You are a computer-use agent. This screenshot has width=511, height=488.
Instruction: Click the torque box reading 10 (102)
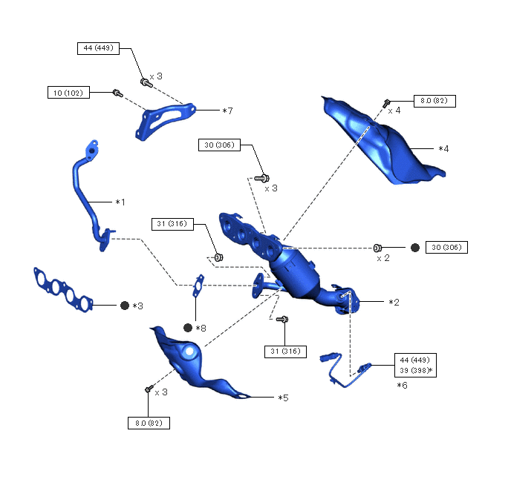[68, 93]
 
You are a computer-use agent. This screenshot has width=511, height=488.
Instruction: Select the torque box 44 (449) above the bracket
[99, 48]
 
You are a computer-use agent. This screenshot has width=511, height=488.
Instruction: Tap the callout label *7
[227, 111]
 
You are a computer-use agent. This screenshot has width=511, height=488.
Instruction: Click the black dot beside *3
[124, 306]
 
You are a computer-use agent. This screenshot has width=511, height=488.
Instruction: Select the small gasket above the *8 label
[198, 286]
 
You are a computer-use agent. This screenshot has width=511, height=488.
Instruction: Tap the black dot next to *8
[188, 328]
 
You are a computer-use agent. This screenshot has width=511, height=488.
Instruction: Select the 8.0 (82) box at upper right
[434, 100]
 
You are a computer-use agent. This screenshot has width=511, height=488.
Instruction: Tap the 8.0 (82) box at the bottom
[149, 423]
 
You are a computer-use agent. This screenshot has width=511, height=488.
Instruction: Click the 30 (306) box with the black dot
[446, 247]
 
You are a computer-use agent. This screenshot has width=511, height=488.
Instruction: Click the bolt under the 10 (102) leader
[117, 93]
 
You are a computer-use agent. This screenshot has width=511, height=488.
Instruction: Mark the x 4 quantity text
[394, 111]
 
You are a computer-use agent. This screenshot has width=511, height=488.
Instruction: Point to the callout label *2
[394, 303]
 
